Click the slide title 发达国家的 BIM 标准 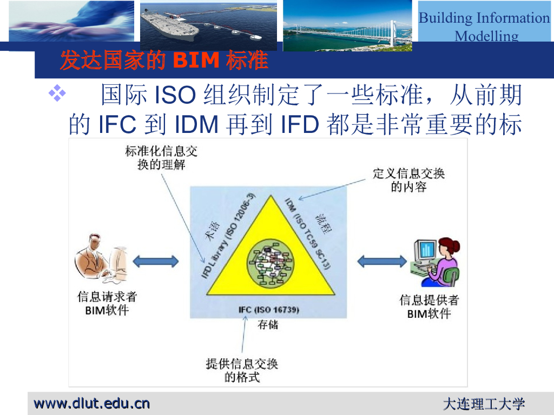[x=163, y=61]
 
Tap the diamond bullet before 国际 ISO [x=57, y=95]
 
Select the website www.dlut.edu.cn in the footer [x=92, y=403]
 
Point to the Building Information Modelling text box [x=484, y=26]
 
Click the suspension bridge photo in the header [x=347, y=25]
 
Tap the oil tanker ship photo [x=208, y=25]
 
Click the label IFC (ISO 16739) [x=268, y=310]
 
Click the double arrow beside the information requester [x=156, y=262]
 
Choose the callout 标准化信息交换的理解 [x=161, y=157]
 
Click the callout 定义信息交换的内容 [x=408, y=180]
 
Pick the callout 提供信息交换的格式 [x=241, y=370]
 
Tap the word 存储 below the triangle [x=268, y=325]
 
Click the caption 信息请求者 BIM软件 [x=107, y=303]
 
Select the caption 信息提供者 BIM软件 [x=428, y=306]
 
